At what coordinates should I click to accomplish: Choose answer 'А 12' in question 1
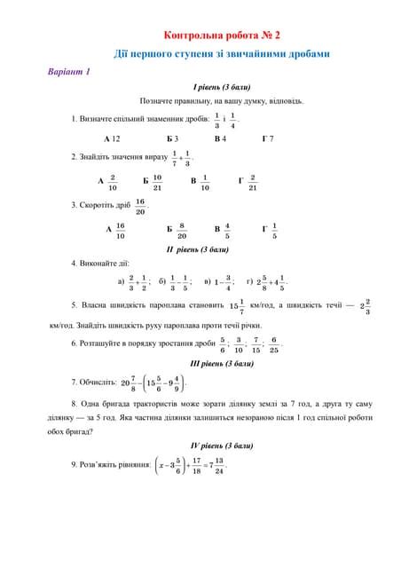point(111,139)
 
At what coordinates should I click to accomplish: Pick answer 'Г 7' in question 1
point(268,139)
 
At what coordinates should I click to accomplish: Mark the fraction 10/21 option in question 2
point(157,182)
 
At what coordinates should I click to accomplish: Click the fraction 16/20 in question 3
point(140,206)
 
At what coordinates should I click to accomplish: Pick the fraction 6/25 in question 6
point(275,344)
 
